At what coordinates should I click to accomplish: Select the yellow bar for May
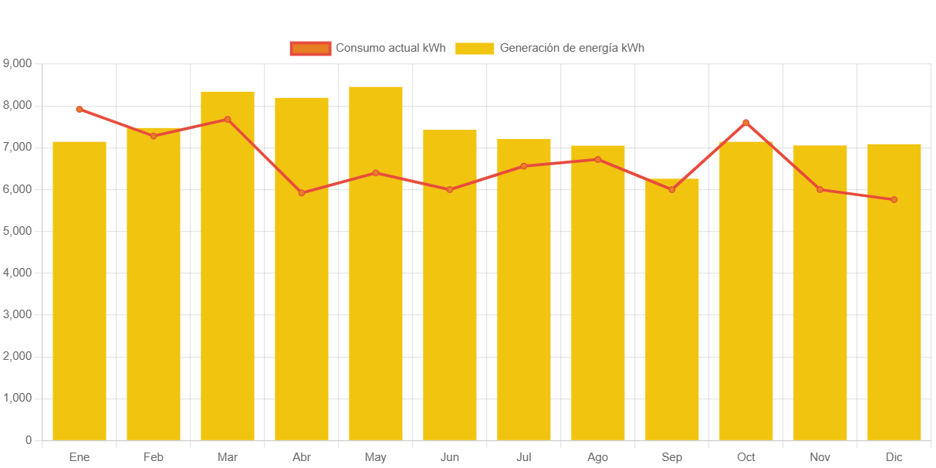pos(376,263)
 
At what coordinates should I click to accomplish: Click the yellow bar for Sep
pos(672,309)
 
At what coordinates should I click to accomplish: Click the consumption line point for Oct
pos(746,123)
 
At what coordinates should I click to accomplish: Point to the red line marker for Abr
pos(302,193)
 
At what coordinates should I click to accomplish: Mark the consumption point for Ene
pos(79,110)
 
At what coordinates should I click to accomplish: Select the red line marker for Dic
pos(894,200)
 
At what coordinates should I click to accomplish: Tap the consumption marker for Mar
pos(228,120)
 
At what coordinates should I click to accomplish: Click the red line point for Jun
pos(450,189)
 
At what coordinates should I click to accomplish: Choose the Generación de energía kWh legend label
pos(572,48)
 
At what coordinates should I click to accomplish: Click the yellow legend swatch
pos(475,49)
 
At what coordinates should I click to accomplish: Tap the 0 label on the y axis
pos(29,440)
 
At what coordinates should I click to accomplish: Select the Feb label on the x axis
pos(154,457)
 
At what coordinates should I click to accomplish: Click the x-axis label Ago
pos(598,457)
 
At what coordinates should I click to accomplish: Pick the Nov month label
pos(820,457)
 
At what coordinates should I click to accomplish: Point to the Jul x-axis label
pos(524,457)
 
